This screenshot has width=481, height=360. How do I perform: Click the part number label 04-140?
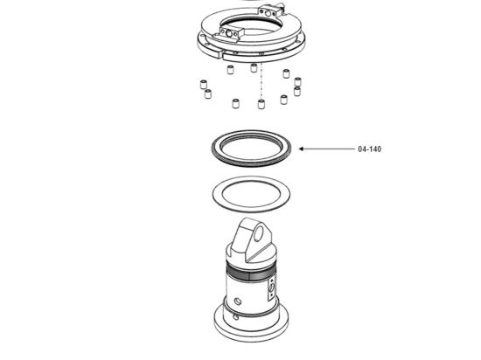point(369,149)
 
